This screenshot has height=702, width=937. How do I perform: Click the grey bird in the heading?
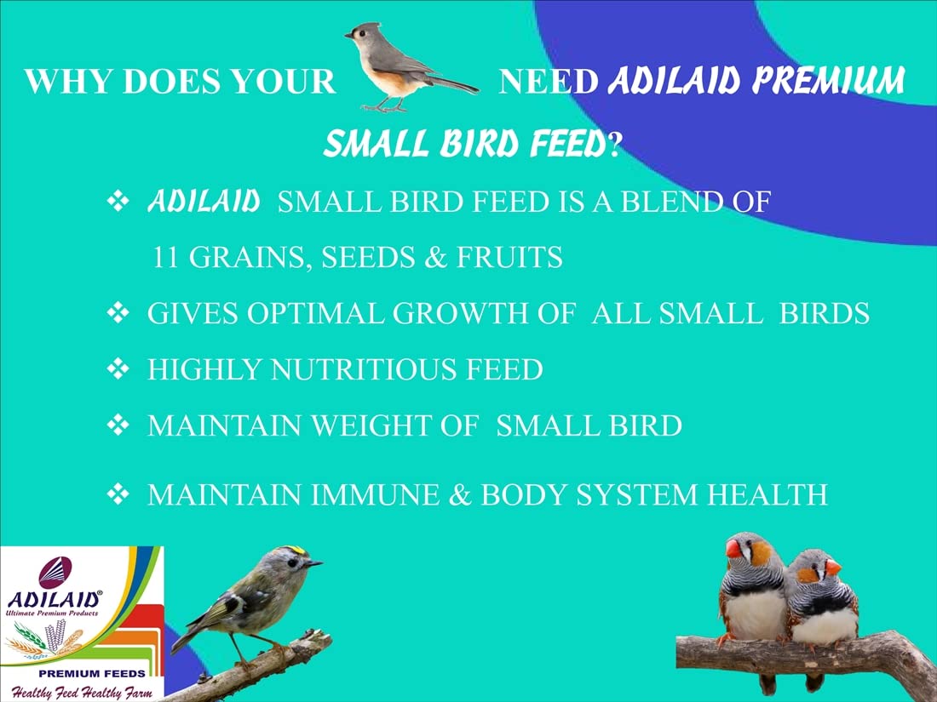[x=406, y=67]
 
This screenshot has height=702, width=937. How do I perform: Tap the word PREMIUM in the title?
[x=828, y=80]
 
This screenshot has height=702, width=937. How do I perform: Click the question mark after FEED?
[x=612, y=145]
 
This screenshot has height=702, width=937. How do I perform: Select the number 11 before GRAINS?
[x=165, y=257]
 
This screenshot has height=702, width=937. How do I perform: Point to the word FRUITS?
[x=509, y=257]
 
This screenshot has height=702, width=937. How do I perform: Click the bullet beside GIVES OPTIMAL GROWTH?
[x=118, y=313]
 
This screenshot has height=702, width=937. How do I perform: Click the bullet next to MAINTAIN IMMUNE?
[x=118, y=494]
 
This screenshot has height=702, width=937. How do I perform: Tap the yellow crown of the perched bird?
[x=295, y=550]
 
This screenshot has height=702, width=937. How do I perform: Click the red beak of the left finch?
[x=733, y=549]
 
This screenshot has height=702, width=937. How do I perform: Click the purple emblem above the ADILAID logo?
[x=55, y=572]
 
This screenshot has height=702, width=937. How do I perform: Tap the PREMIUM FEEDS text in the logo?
[x=91, y=673]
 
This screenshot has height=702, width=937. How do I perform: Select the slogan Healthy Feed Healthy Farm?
[x=82, y=693]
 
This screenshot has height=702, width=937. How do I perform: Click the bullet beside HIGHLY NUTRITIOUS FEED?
[x=118, y=369]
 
